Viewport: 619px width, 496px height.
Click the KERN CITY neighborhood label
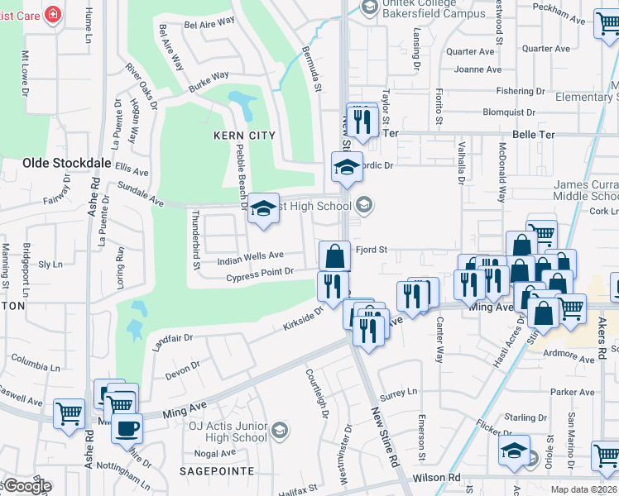[x=243, y=135]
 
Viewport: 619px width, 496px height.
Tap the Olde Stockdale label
[x=67, y=164]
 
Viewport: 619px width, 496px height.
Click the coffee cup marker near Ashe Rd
[x=127, y=428]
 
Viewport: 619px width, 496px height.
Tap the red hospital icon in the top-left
[x=54, y=15]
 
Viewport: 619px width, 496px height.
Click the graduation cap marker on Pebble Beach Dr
[x=264, y=210]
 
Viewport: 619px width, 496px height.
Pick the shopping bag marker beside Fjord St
[x=333, y=255]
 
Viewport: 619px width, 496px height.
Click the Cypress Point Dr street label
[x=260, y=272]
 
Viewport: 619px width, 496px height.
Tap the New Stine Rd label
[x=386, y=435]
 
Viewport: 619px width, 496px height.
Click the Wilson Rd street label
[x=437, y=478]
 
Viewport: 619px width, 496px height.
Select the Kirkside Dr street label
[x=303, y=317]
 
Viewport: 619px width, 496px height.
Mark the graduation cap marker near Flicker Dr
[x=514, y=451]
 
